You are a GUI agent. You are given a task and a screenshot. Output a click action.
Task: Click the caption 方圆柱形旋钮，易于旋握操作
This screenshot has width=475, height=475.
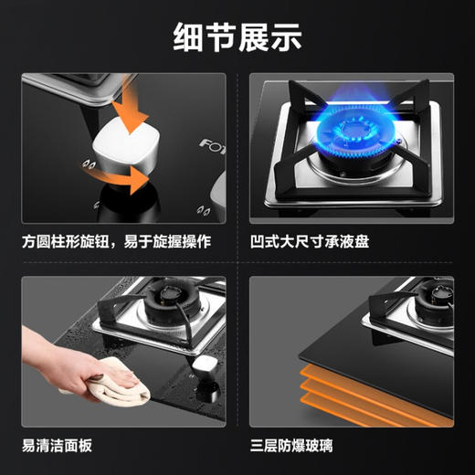(116, 243)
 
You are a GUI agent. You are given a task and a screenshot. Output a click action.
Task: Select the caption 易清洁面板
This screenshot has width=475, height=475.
(58, 447)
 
